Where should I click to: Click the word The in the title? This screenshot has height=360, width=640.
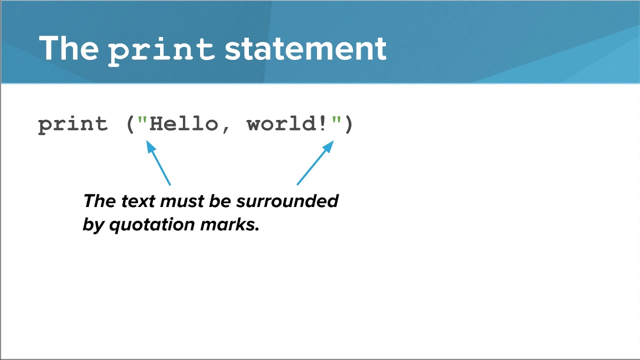pos(68,48)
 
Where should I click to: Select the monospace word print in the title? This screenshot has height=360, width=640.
pos(161,50)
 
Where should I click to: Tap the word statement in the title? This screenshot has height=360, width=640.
pos(305,49)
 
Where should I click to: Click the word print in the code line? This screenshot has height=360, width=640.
pos(73,124)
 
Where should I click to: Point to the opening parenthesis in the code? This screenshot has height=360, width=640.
pos(130,124)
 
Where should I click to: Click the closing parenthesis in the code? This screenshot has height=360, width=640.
pos(348,124)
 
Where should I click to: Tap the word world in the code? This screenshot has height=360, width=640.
pos(281,123)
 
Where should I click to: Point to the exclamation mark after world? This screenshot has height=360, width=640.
pos(322,123)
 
